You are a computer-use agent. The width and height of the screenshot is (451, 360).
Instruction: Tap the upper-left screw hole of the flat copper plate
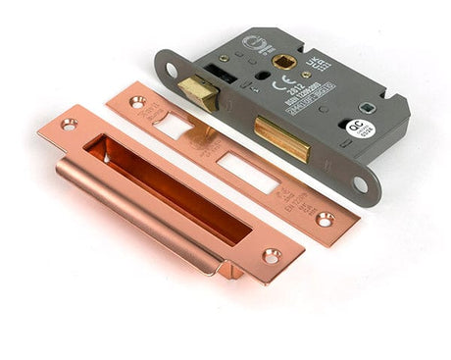[136, 101]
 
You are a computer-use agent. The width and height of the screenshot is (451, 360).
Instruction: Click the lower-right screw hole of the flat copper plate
[325, 219]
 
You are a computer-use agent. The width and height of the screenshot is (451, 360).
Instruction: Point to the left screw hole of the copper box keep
[69, 125]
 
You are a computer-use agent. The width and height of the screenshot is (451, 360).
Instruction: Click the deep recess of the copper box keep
[167, 185]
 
